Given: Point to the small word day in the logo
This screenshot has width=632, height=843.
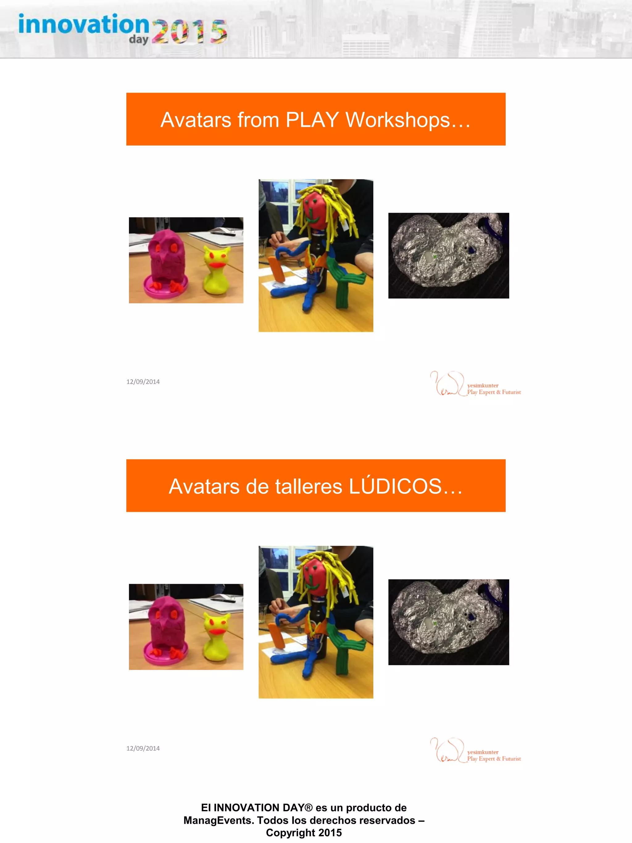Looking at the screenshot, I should click(138, 40).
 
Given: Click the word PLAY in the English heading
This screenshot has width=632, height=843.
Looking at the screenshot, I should click(312, 120).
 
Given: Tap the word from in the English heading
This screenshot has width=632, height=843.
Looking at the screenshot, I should click(258, 120).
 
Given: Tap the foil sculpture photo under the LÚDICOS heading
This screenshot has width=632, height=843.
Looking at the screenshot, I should click(448, 622).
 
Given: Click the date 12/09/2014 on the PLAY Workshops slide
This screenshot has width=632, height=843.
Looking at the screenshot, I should click(143, 382).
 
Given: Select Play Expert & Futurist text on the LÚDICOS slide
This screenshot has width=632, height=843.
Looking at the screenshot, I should click(494, 759).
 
